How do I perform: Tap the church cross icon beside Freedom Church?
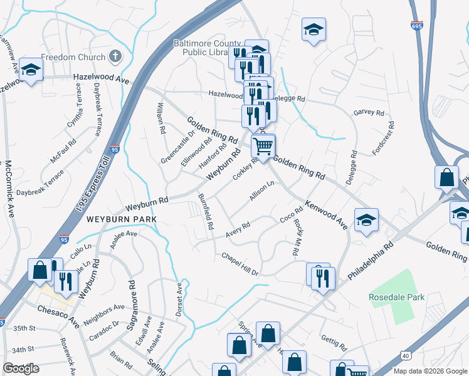pyautogui.click(x=114, y=57)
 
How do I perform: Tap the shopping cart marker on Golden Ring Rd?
pyautogui.click(x=263, y=146)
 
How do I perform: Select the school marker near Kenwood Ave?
pyautogui.click(x=366, y=219)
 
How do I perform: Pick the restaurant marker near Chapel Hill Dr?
pyautogui.click(x=323, y=276)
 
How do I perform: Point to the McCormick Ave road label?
pyautogui.click(x=10, y=187)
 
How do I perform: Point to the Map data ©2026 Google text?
pyautogui.click(x=429, y=371)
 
